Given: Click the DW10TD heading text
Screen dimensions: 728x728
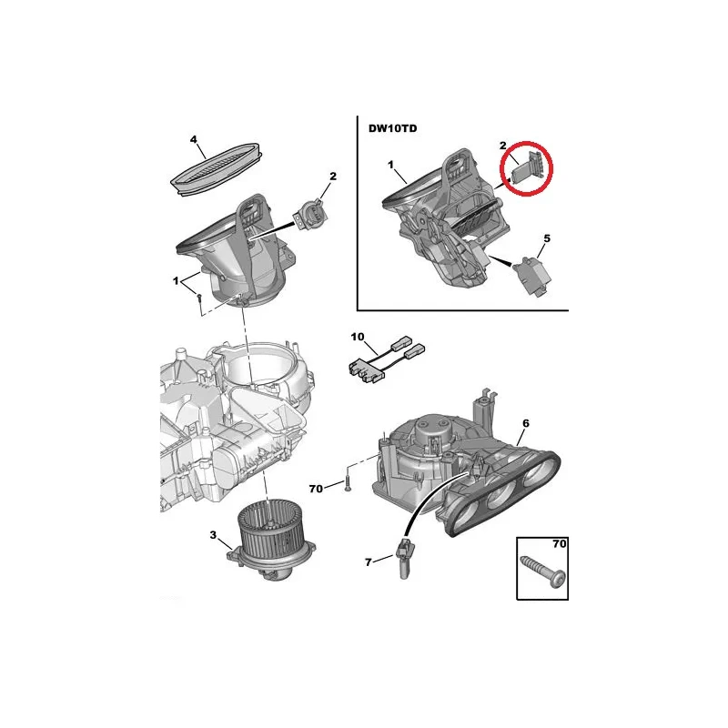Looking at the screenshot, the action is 392,128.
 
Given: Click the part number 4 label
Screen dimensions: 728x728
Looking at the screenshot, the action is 194,139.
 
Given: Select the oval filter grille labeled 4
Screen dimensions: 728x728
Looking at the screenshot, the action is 217,170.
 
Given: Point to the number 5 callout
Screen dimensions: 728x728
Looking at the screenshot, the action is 547,238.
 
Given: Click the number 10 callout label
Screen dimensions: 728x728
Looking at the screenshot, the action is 358,337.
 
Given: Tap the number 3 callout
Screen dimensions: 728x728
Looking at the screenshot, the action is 213,535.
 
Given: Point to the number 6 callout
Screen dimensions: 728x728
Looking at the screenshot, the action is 526,423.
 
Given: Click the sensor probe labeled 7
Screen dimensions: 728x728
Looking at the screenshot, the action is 404,558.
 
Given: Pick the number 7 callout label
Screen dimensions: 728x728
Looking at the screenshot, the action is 369,562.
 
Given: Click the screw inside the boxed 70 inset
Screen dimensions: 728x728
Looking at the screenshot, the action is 542,571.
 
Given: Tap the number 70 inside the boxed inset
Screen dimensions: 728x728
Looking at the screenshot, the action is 559,543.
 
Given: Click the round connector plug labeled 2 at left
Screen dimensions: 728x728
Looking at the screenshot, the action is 310,214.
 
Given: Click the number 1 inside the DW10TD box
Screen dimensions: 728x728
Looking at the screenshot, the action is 390,165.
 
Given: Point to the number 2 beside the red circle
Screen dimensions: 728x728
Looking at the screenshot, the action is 503,146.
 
